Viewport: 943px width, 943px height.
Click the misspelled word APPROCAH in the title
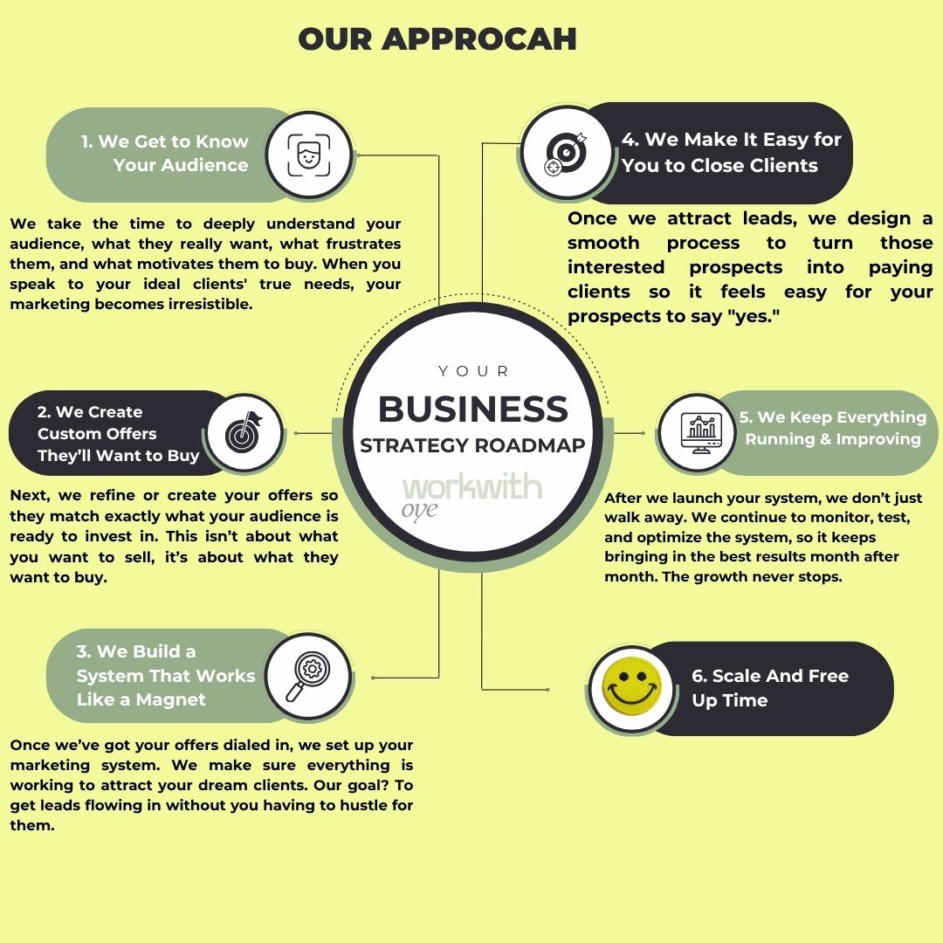click(478, 39)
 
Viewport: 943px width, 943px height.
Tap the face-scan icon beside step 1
click(308, 155)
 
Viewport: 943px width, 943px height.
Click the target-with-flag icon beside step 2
click(246, 433)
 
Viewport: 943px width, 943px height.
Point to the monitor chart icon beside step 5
click(696, 430)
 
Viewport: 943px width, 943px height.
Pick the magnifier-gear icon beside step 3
click(308, 675)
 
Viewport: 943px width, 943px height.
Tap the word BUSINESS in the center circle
click(472, 410)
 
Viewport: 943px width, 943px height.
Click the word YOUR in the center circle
click(473, 371)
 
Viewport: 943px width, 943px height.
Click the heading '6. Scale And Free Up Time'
click(769, 688)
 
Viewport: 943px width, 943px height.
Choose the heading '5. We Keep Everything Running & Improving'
click(832, 428)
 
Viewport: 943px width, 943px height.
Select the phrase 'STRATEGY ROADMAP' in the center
click(472, 444)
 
